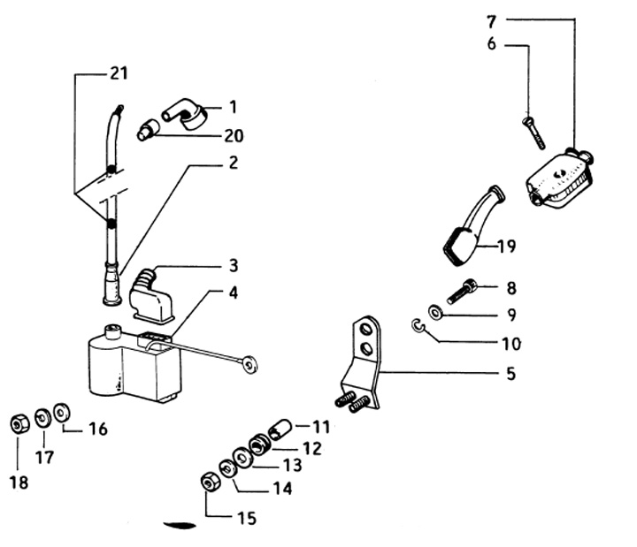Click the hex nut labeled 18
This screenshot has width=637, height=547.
pyautogui.click(x=18, y=423)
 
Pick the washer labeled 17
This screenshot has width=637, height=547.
pyautogui.click(x=42, y=417)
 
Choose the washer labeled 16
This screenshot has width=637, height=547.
pyautogui.click(x=61, y=412)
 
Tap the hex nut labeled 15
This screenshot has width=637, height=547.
pyautogui.click(x=211, y=482)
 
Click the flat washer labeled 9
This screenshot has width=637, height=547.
pyautogui.click(x=435, y=312)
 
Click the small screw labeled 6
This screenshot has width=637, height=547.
pyautogui.click(x=534, y=133)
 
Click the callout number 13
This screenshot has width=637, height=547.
pyautogui.click(x=293, y=465)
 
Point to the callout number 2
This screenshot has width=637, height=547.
pyautogui.click(x=232, y=163)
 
